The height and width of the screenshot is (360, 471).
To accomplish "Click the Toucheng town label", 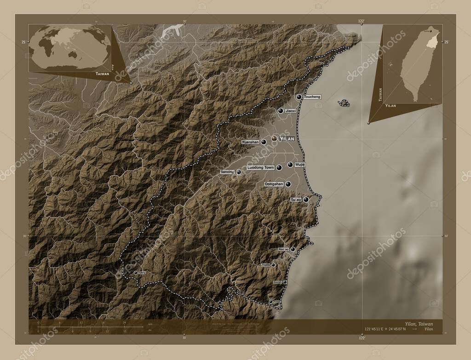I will pyautogui.click(x=312, y=97).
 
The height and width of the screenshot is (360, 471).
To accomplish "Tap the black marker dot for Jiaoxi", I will pyautogui.click(x=280, y=111).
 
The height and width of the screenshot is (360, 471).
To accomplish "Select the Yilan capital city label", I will pyautogui.click(x=287, y=138).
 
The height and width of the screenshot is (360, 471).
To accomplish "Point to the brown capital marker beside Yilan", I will pyautogui.click(x=275, y=138).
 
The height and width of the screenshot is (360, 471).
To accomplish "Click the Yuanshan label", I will pyautogui.click(x=250, y=143).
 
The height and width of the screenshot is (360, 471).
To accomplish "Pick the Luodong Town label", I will pyautogui.click(x=261, y=168).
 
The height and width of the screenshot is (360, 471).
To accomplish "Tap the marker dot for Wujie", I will pyautogui.click(x=290, y=165).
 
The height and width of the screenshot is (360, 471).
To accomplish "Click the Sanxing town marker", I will pyautogui.click(x=239, y=172).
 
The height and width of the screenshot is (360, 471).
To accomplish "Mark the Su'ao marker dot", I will pyautogui.click(x=306, y=200).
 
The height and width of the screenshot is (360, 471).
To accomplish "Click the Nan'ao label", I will pyautogui.click(x=283, y=249).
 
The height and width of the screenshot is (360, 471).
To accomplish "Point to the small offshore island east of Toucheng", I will pyautogui.click(x=344, y=103).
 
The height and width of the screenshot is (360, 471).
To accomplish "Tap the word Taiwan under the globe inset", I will pyautogui.click(x=103, y=74).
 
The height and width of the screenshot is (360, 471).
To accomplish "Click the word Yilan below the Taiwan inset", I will pyautogui.click(x=391, y=106).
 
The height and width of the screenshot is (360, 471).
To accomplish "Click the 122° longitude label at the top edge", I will pyautogui.click(x=362, y=21).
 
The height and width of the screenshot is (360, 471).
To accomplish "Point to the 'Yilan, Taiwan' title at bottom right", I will pyautogui.click(x=419, y=324).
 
